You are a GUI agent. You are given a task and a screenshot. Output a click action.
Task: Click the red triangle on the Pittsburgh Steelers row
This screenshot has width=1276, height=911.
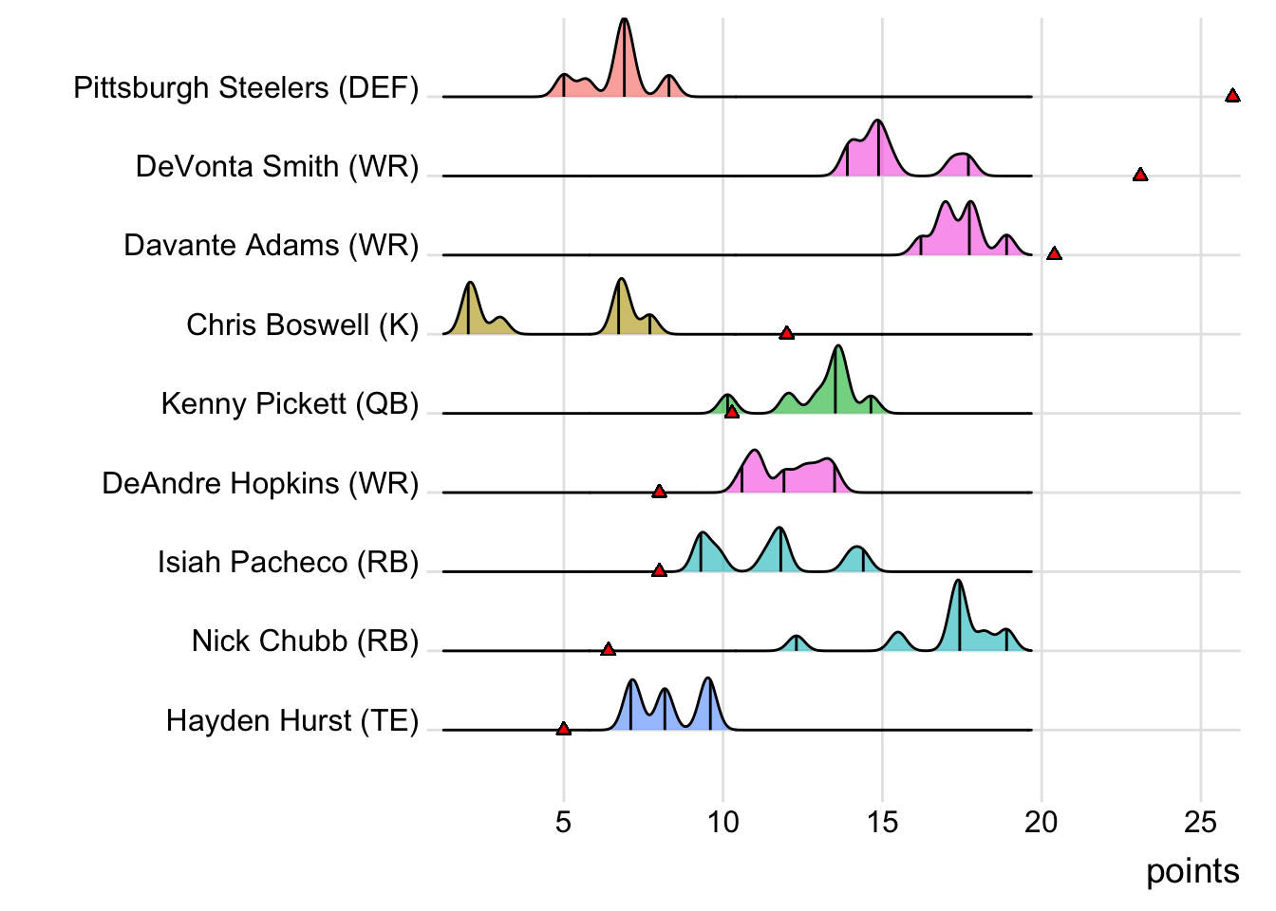(x=1232, y=96)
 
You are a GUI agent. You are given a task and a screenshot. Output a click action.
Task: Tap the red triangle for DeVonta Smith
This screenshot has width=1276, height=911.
(x=1140, y=175)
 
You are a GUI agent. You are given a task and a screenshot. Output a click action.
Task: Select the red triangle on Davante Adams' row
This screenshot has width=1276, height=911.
(x=1054, y=253)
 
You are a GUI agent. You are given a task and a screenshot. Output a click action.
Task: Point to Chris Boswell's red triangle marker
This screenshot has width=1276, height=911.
(x=786, y=333)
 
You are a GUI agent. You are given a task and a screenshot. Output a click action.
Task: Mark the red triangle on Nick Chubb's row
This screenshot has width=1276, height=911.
(x=609, y=649)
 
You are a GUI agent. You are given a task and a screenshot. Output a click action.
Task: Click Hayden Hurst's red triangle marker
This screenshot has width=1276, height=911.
(x=564, y=729)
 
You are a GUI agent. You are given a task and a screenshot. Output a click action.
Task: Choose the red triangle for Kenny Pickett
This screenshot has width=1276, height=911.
(x=731, y=412)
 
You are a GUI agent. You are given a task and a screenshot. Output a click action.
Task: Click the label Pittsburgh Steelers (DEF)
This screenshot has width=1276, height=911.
(x=246, y=88)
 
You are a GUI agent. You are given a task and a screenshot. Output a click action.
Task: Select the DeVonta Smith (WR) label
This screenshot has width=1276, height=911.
(x=277, y=167)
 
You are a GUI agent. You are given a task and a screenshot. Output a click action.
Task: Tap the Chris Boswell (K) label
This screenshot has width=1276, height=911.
(x=302, y=325)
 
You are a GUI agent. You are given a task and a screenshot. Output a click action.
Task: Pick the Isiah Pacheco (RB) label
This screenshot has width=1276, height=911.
(x=288, y=563)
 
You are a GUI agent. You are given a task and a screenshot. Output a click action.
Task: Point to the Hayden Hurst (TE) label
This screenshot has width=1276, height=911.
(x=292, y=721)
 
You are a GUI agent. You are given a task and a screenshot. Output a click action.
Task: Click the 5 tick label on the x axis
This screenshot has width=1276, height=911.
(x=564, y=822)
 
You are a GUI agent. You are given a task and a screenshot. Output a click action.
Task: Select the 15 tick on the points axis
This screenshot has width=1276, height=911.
(x=882, y=822)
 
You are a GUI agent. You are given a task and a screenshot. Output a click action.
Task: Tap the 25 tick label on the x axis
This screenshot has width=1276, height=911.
(x=1200, y=822)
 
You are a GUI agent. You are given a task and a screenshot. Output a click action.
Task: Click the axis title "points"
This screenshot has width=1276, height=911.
(x=1192, y=871)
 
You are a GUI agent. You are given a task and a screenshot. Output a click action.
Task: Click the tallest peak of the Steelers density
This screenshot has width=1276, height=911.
(x=624, y=21)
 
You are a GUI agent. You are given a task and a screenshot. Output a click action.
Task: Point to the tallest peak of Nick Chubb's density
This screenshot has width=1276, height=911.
(x=958, y=582)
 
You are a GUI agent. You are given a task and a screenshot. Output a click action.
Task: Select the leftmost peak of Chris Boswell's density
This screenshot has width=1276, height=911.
(x=469, y=285)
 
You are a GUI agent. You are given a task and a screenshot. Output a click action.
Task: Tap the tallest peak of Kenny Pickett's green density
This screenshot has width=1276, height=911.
(x=837, y=348)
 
